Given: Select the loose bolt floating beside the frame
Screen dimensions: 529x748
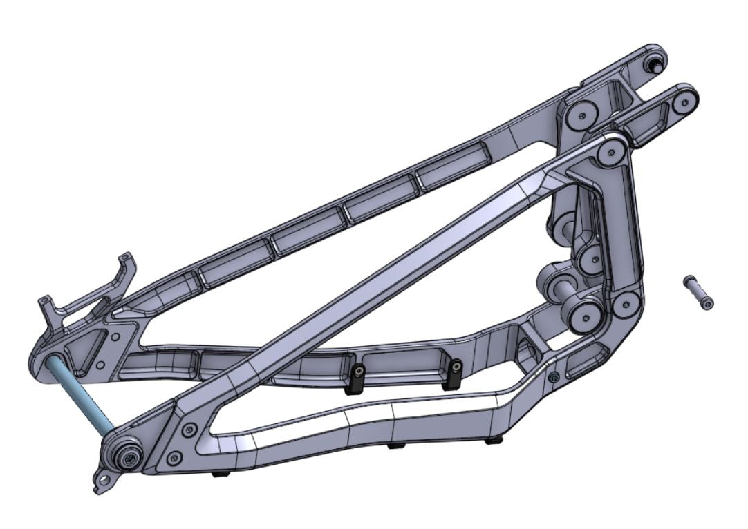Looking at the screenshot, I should (x=698, y=292).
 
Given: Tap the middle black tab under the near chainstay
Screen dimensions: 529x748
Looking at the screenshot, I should (x=395, y=445).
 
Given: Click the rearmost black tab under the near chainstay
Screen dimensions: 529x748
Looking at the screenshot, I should (x=494, y=440).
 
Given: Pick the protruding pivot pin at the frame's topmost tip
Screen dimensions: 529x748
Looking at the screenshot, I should (x=653, y=64).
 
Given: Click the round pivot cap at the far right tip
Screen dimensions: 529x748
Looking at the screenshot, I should (x=684, y=101).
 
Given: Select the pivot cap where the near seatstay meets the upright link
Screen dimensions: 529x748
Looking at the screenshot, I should (x=610, y=152).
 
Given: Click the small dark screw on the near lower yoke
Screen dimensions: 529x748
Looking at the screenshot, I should (x=554, y=377).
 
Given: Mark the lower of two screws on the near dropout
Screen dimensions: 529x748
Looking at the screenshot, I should (x=175, y=456).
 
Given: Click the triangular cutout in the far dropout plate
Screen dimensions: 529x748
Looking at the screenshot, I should (x=88, y=348).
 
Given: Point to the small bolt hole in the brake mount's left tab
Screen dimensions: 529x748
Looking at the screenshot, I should (x=46, y=302).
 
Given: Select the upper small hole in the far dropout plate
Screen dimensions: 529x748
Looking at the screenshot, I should (x=115, y=338).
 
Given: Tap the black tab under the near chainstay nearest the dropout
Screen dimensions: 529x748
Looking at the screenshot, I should (x=220, y=474).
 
